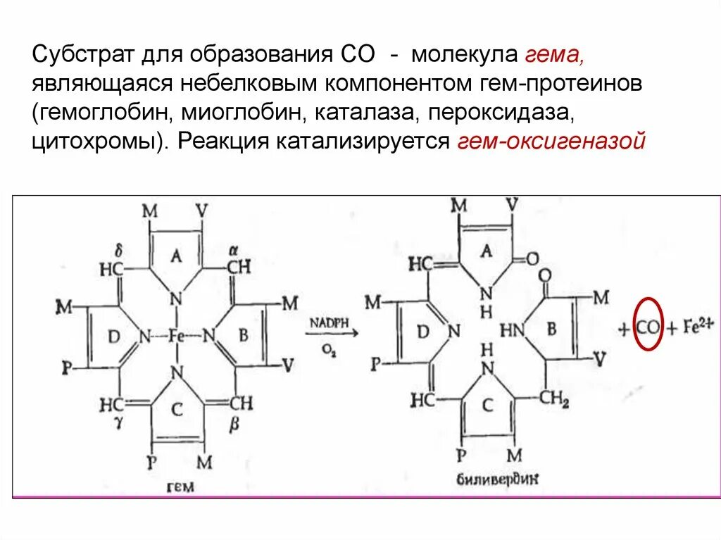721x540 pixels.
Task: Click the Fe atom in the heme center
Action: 176,337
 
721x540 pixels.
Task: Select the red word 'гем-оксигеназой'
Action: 551,142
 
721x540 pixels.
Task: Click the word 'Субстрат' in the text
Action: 77,54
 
